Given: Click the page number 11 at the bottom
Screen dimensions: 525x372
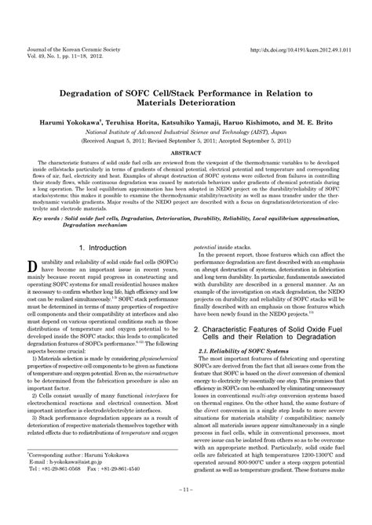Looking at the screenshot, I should (x=186, y=512).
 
